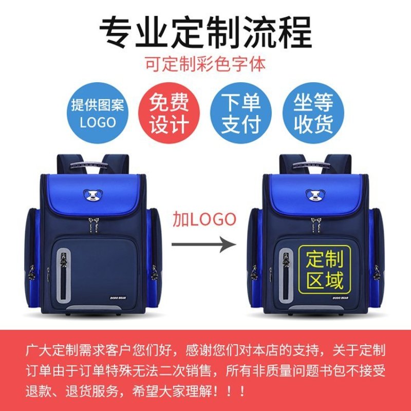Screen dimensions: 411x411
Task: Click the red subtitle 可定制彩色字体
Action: tap(206, 64)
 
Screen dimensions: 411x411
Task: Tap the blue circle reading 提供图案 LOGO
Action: tap(98, 113)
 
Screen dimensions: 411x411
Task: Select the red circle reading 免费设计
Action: tap(169, 113)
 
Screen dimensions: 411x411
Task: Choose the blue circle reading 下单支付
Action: tap(241, 113)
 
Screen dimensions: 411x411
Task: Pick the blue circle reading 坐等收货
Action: tap(313, 113)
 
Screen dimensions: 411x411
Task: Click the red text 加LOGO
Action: tap(204, 219)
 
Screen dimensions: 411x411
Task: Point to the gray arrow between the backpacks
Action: tap(204, 245)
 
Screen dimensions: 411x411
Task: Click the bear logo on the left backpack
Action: tap(94, 195)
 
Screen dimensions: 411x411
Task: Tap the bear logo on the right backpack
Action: tap(315, 195)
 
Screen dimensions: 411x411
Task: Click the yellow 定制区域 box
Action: tap(325, 269)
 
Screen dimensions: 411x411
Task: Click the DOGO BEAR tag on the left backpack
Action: tap(118, 298)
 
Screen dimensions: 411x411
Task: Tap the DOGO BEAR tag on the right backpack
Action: tap(340, 298)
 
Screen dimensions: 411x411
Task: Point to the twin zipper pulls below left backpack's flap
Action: tap(94, 225)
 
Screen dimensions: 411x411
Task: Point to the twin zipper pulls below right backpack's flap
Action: tap(316, 225)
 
